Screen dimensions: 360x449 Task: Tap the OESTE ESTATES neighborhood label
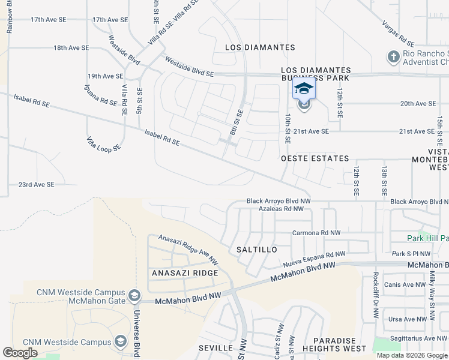(x=315, y=158)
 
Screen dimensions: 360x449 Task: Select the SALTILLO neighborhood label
(x=256, y=249)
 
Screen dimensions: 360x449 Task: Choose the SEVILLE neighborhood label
(x=215, y=348)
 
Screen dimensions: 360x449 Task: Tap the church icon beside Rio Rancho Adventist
(x=393, y=57)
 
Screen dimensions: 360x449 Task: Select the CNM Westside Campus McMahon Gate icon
(x=134, y=296)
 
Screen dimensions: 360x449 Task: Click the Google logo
(x=20, y=353)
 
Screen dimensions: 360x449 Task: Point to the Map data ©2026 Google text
(x=412, y=355)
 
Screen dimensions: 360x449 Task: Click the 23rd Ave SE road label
(x=36, y=185)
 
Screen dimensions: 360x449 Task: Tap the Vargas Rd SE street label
(x=397, y=34)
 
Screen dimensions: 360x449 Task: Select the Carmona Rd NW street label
(x=316, y=233)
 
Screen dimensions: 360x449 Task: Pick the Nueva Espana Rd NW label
(x=310, y=259)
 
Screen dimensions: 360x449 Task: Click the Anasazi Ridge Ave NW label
(x=188, y=249)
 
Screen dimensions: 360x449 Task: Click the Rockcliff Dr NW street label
(x=375, y=290)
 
